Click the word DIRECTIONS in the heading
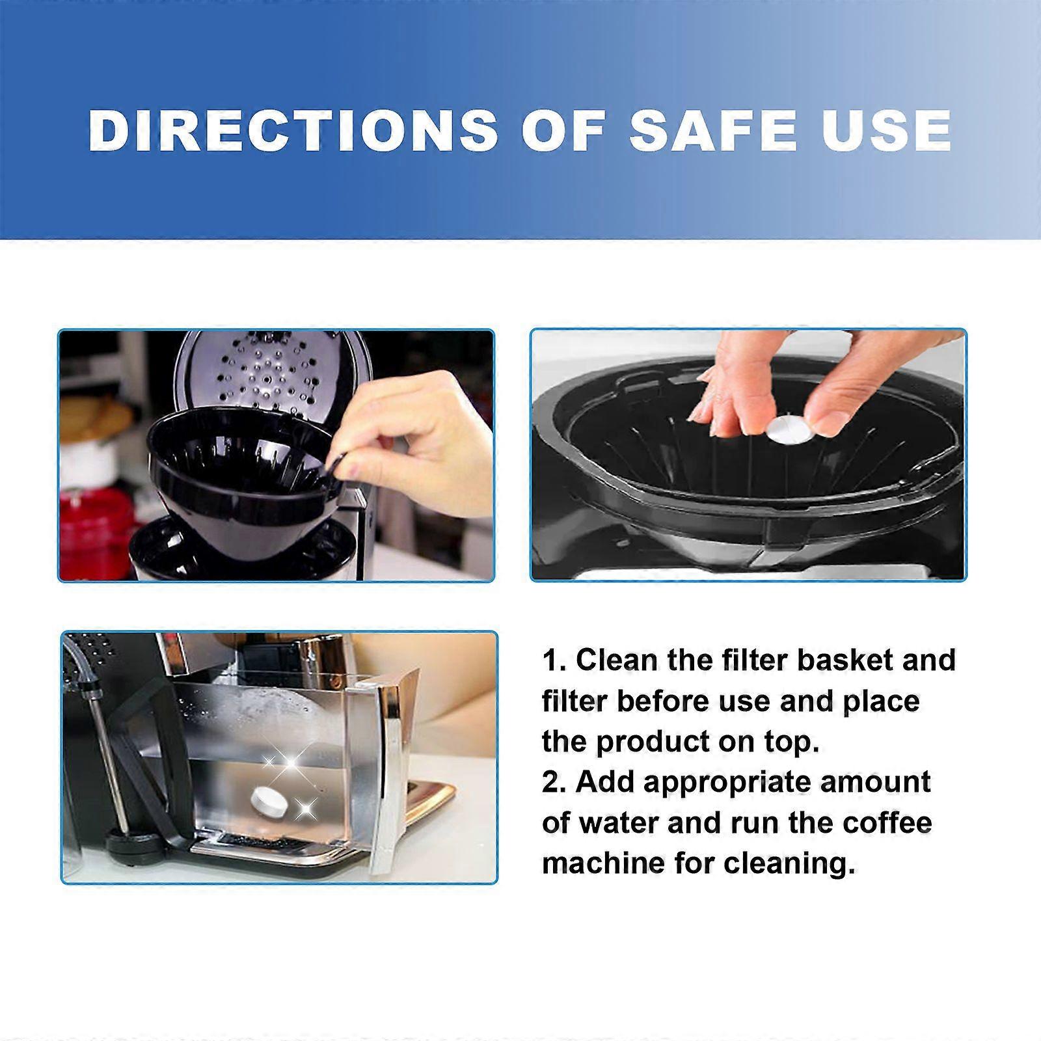[x=293, y=130]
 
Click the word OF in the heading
[x=563, y=130]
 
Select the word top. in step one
[x=790, y=742]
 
